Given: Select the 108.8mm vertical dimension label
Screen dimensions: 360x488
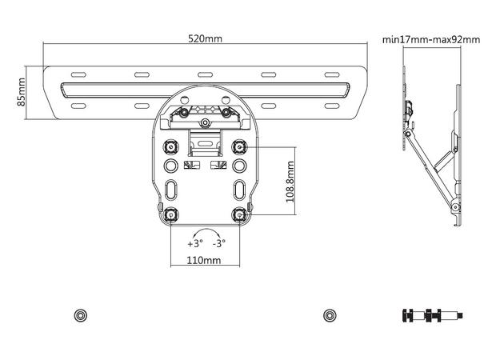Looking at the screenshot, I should pyautogui.click(x=290, y=182).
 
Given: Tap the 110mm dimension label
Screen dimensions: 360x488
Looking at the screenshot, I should pyautogui.click(x=205, y=261).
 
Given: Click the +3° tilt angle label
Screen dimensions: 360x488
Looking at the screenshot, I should pyautogui.click(x=194, y=243).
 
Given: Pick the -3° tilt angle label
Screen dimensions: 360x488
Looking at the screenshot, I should pyautogui.click(x=218, y=243).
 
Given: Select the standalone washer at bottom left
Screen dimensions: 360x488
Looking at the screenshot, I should pyautogui.click(x=79, y=314).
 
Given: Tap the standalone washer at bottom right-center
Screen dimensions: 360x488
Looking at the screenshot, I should pyautogui.click(x=329, y=314).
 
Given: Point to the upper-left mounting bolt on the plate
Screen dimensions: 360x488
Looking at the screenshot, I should pyautogui.click(x=170, y=147).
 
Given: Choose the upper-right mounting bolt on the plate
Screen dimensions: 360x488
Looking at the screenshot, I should pyautogui.click(x=239, y=147).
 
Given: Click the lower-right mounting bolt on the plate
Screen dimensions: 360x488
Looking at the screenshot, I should pyautogui.click(x=239, y=214).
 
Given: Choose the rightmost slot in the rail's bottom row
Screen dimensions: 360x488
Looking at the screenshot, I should pyautogui.click(x=332, y=105).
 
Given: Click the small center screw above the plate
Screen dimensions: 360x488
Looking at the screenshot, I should pyautogui.click(x=206, y=123).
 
